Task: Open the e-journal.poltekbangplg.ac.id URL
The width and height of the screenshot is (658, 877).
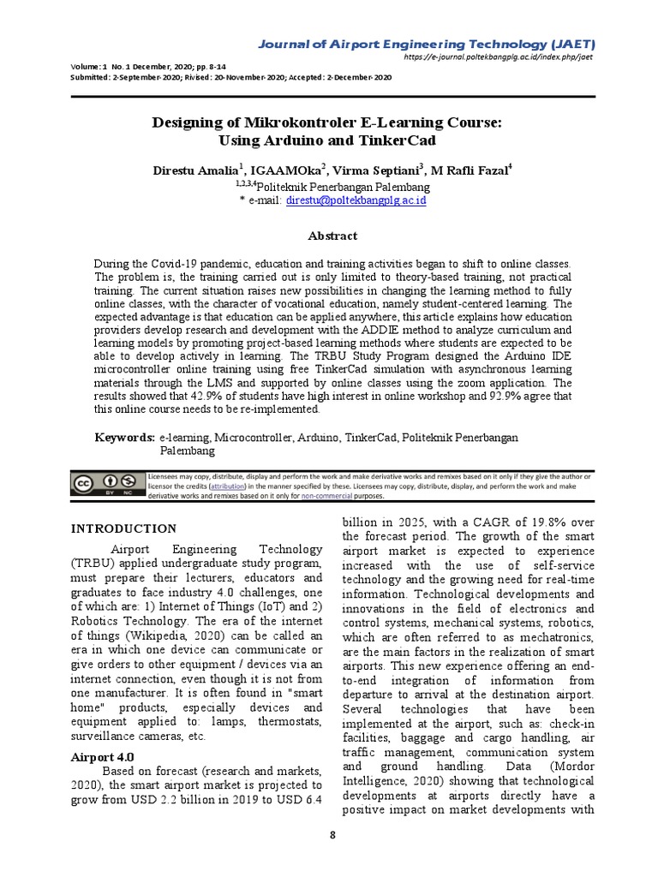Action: pyautogui.click(x=498, y=57)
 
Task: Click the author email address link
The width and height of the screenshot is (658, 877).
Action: pyautogui.click(x=356, y=200)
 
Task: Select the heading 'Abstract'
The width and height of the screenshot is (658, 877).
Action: pyautogui.click(x=332, y=236)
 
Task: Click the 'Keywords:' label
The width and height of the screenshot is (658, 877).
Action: pyautogui.click(x=124, y=438)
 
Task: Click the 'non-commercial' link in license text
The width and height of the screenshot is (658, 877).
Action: pyautogui.click(x=326, y=495)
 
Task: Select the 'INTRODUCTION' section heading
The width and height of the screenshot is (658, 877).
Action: pyautogui.click(x=123, y=528)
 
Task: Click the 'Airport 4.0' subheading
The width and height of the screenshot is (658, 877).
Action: pyautogui.click(x=102, y=758)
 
